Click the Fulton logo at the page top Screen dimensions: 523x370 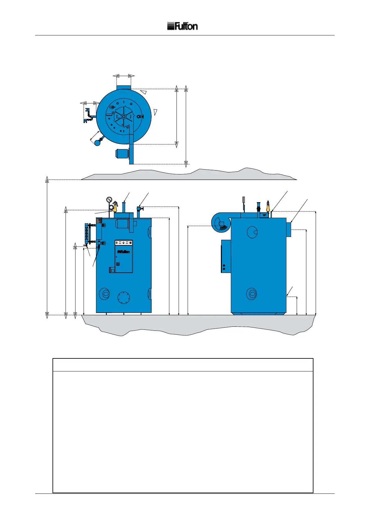(182, 26)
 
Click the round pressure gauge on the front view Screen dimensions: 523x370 (109, 199)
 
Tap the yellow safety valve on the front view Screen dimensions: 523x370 (115, 207)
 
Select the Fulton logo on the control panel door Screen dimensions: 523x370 (123, 252)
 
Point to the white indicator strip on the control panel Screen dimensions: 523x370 (124, 242)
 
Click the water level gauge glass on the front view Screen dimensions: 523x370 (86, 234)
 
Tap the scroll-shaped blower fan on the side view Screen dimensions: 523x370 (220, 223)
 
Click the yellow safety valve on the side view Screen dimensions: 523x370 (268, 207)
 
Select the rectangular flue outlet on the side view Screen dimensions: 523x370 (289, 229)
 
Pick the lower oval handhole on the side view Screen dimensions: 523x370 (251, 293)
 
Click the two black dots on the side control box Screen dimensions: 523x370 (224, 267)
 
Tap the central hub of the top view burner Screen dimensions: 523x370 (124, 116)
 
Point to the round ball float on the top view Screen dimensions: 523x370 (98, 143)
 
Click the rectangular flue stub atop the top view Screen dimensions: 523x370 (124, 87)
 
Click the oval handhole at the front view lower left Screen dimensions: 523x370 (104, 293)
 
